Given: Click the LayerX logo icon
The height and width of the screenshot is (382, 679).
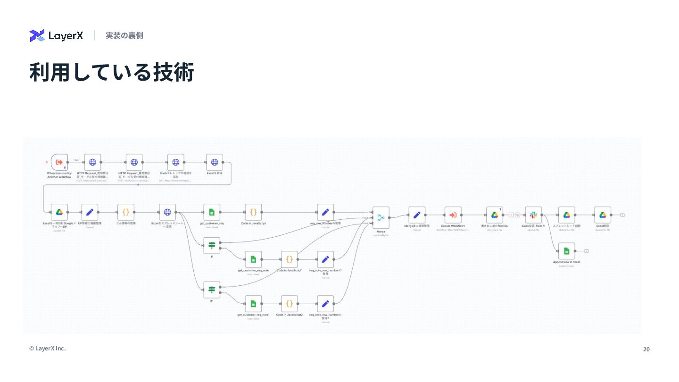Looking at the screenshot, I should coord(37,35).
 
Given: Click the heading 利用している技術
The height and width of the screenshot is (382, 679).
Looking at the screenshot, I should coord(111,73).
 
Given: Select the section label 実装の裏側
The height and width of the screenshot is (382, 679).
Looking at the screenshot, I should coord(124,35).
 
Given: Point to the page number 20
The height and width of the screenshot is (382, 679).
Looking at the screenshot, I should coord(646,349).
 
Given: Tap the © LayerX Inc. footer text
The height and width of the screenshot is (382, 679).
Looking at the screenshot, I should coord(48,349).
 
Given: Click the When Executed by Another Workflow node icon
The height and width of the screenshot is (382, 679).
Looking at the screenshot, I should coord(59,162).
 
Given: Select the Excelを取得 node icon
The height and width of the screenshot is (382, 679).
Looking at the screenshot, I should coord(215,162).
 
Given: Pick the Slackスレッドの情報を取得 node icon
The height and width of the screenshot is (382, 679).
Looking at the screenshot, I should coord(176,162).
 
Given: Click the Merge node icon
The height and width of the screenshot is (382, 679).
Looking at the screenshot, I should coord(381,217).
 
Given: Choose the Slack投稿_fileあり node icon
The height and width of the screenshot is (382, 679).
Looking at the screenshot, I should coord(533,215).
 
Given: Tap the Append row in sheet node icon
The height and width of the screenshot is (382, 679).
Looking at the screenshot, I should coord(566,251).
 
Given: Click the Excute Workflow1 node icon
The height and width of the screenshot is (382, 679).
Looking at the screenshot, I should coord(453,215).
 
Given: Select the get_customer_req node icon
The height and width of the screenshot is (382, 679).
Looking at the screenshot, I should coord(212,212).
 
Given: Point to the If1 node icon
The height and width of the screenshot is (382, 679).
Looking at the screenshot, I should coord(212,290).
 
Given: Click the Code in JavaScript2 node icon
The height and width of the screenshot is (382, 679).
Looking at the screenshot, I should coord(290,303).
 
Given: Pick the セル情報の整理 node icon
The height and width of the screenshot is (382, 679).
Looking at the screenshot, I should coord(126,212).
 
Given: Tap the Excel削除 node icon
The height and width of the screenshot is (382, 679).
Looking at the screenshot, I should coord(603,215).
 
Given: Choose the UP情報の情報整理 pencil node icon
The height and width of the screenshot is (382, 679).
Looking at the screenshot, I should coord(90,212).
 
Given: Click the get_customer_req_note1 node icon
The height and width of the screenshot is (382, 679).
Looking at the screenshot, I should coord(253,303).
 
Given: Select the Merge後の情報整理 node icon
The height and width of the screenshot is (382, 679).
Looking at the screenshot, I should coord(417,215).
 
